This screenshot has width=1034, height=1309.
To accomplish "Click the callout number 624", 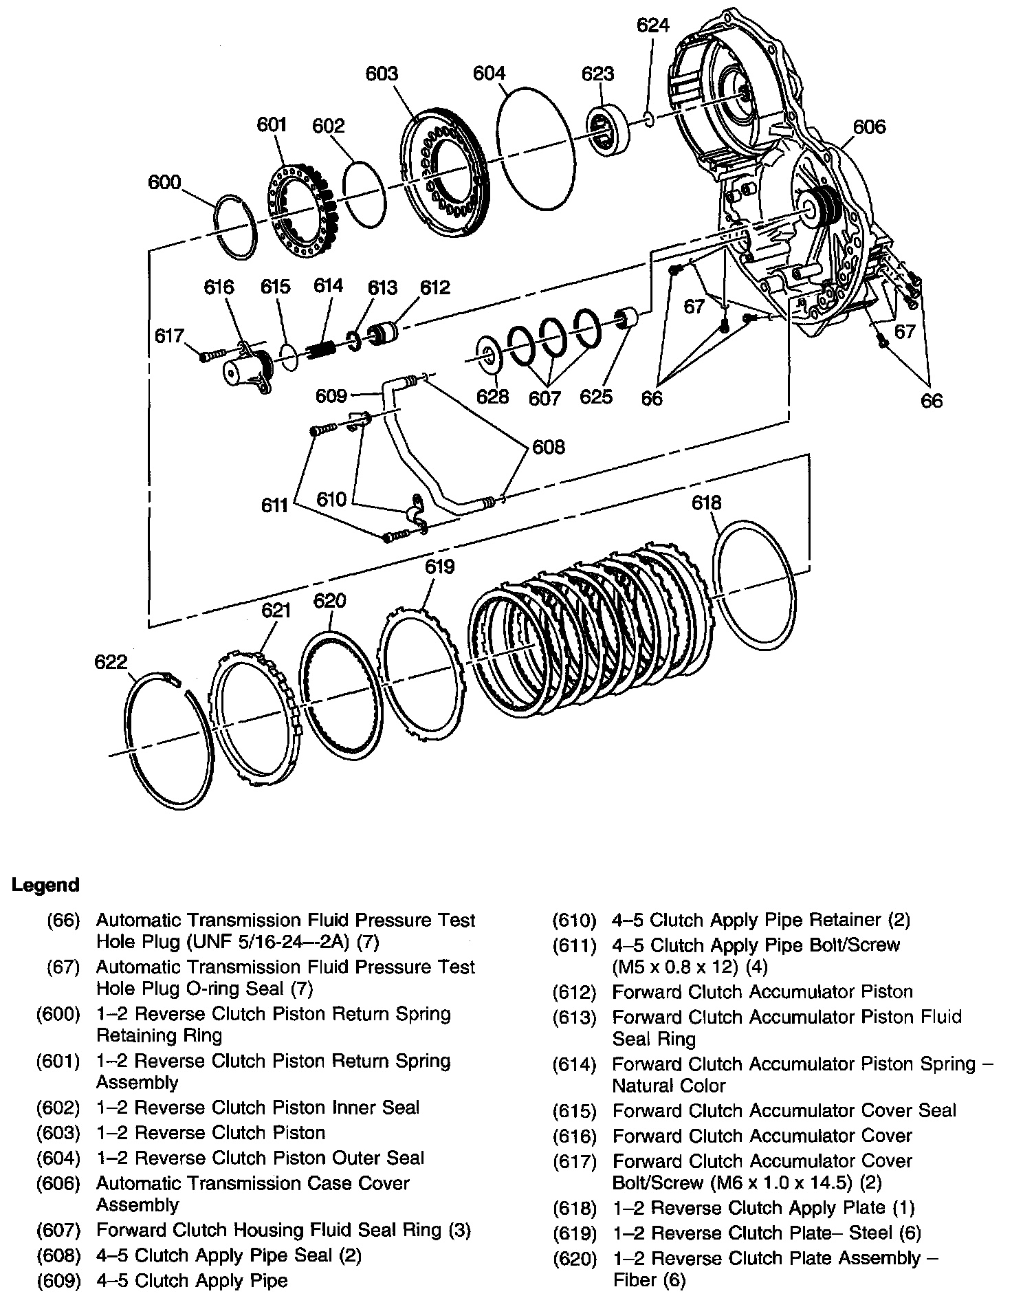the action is point(652,25).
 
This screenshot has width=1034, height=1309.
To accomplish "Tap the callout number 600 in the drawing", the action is point(164,183).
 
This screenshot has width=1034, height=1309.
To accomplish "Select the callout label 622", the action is point(111,661).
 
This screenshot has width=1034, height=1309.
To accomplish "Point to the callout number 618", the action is point(707,503).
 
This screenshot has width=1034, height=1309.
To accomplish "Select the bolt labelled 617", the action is point(212,355).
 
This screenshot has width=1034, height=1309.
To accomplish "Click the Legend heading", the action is point(45,885).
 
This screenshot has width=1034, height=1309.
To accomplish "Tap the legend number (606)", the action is point(58,1184).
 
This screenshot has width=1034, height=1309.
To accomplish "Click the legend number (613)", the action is point(575,1017).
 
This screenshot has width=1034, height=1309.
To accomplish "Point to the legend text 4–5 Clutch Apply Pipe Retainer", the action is point(747,920).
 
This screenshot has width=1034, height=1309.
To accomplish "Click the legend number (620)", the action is point(575,1259).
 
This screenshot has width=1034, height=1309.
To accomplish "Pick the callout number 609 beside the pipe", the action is point(332,396).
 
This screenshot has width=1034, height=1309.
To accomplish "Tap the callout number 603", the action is point(382,74).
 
